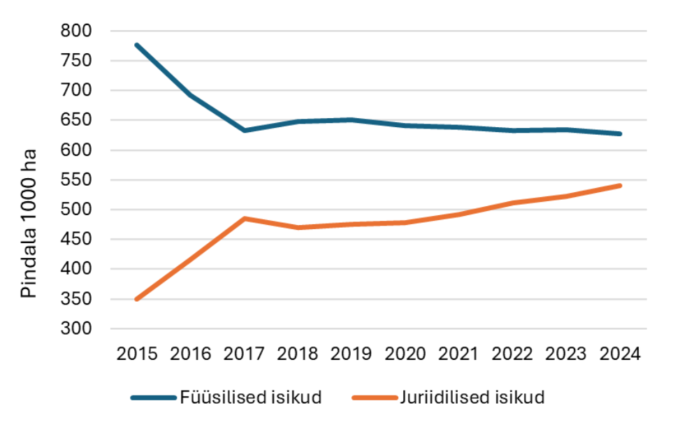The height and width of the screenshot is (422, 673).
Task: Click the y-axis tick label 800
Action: point(76,31)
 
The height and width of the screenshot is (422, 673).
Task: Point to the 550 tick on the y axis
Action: point(76,180)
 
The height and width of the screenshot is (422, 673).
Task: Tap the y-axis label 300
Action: point(76,328)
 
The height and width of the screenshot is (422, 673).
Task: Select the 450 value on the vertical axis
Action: point(76,239)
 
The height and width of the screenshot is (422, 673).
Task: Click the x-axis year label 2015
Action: point(137,354)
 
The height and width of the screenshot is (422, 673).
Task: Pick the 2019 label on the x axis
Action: point(351,354)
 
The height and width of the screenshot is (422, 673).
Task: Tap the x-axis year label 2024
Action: point(620,354)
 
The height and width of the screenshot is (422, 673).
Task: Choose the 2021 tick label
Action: point(458,354)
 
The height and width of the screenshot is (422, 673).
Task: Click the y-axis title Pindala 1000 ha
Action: point(29,224)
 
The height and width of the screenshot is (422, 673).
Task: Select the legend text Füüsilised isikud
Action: point(251,397)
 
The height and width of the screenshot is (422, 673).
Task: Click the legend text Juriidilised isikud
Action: point(472,397)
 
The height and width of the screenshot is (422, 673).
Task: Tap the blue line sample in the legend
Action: point(154,398)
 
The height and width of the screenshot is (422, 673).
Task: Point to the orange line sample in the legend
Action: point(375,398)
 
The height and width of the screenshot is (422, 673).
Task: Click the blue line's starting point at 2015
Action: point(137,45)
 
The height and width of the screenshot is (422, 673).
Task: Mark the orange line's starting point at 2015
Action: point(137,299)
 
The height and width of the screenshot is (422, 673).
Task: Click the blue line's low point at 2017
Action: point(244,130)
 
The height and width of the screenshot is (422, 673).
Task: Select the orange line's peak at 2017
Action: point(244,219)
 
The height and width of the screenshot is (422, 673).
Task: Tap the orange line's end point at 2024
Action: point(619,185)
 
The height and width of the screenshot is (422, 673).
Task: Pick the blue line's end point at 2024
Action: point(619,134)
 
